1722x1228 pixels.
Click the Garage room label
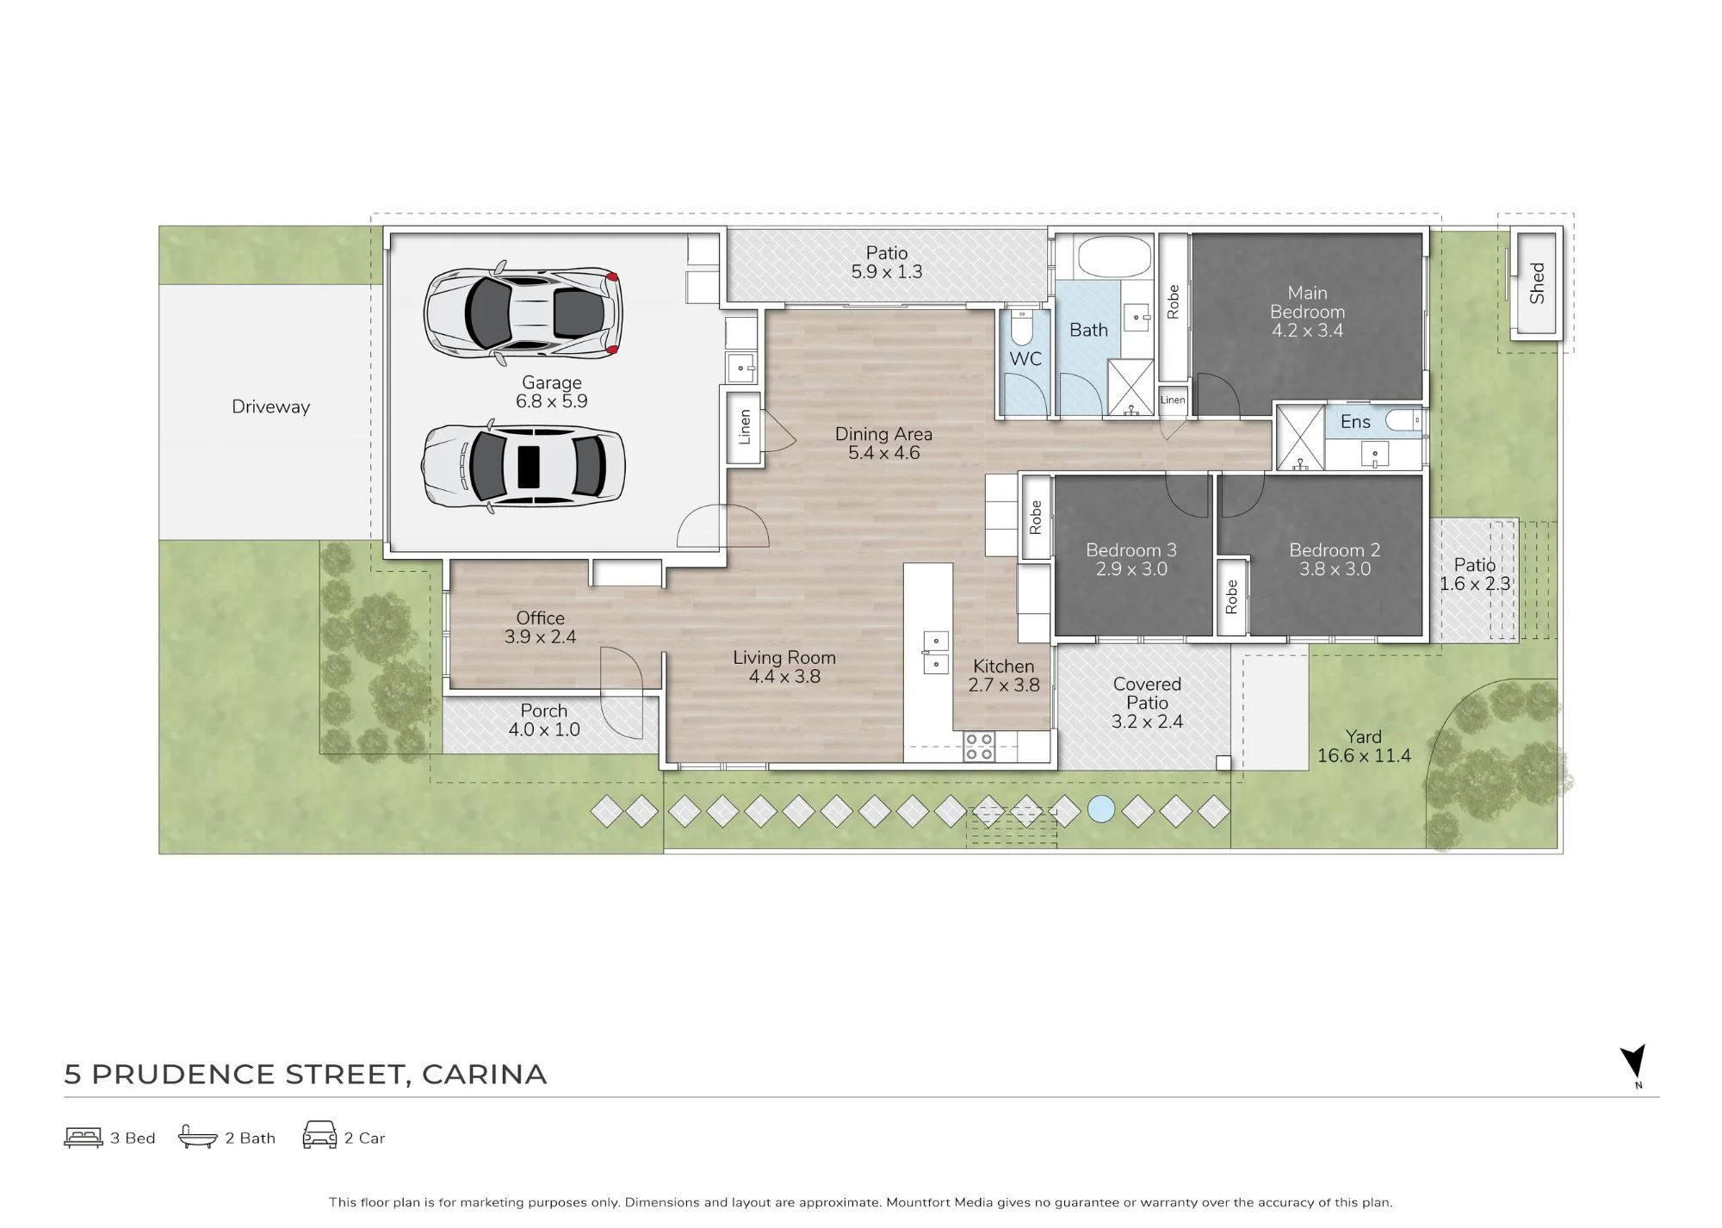(552, 382)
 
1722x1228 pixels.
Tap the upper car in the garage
(523, 311)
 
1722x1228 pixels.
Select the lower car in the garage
(523, 467)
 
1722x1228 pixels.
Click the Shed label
(1538, 283)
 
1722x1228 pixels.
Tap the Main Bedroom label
(1307, 302)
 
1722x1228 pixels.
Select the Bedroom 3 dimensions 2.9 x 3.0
(1131, 569)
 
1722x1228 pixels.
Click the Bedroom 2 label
(1335, 550)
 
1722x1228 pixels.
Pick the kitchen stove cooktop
(979, 747)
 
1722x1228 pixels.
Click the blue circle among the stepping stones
(1101, 809)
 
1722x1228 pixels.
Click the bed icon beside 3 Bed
(84, 1138)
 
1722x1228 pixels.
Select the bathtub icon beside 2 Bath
(197, 1137)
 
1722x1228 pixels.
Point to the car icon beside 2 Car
(319, 1135)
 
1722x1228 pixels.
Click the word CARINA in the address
(485, 1075)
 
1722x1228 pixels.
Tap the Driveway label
(270, 406)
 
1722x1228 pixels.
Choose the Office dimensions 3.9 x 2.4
(540, 637)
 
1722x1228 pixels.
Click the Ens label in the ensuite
(1355, 421)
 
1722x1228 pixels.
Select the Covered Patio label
(1147, 693)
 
